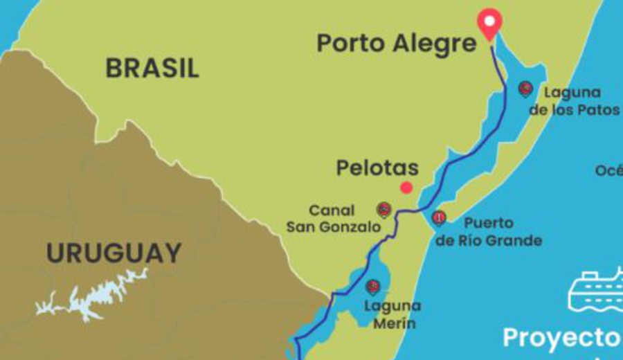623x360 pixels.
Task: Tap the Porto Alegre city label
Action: [397, 44]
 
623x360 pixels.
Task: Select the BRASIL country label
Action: [152, 68]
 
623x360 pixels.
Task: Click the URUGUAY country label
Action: [114, 253]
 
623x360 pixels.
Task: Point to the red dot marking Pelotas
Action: [406, 188]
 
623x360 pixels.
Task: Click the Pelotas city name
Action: [377, 168]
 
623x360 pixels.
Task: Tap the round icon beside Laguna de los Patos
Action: [526, 89]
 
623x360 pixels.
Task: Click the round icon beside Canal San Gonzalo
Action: [383, 210]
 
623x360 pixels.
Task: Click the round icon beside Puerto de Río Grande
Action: [439, 218]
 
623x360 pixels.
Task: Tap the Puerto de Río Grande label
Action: [489, 232]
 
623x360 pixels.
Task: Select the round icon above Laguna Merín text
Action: [373, 287]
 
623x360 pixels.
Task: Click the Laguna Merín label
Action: [392, 314]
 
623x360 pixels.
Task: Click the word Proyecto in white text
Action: [561, 338]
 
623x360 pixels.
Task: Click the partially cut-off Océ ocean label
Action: [608, 170]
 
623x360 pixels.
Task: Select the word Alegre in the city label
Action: [435, 44]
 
